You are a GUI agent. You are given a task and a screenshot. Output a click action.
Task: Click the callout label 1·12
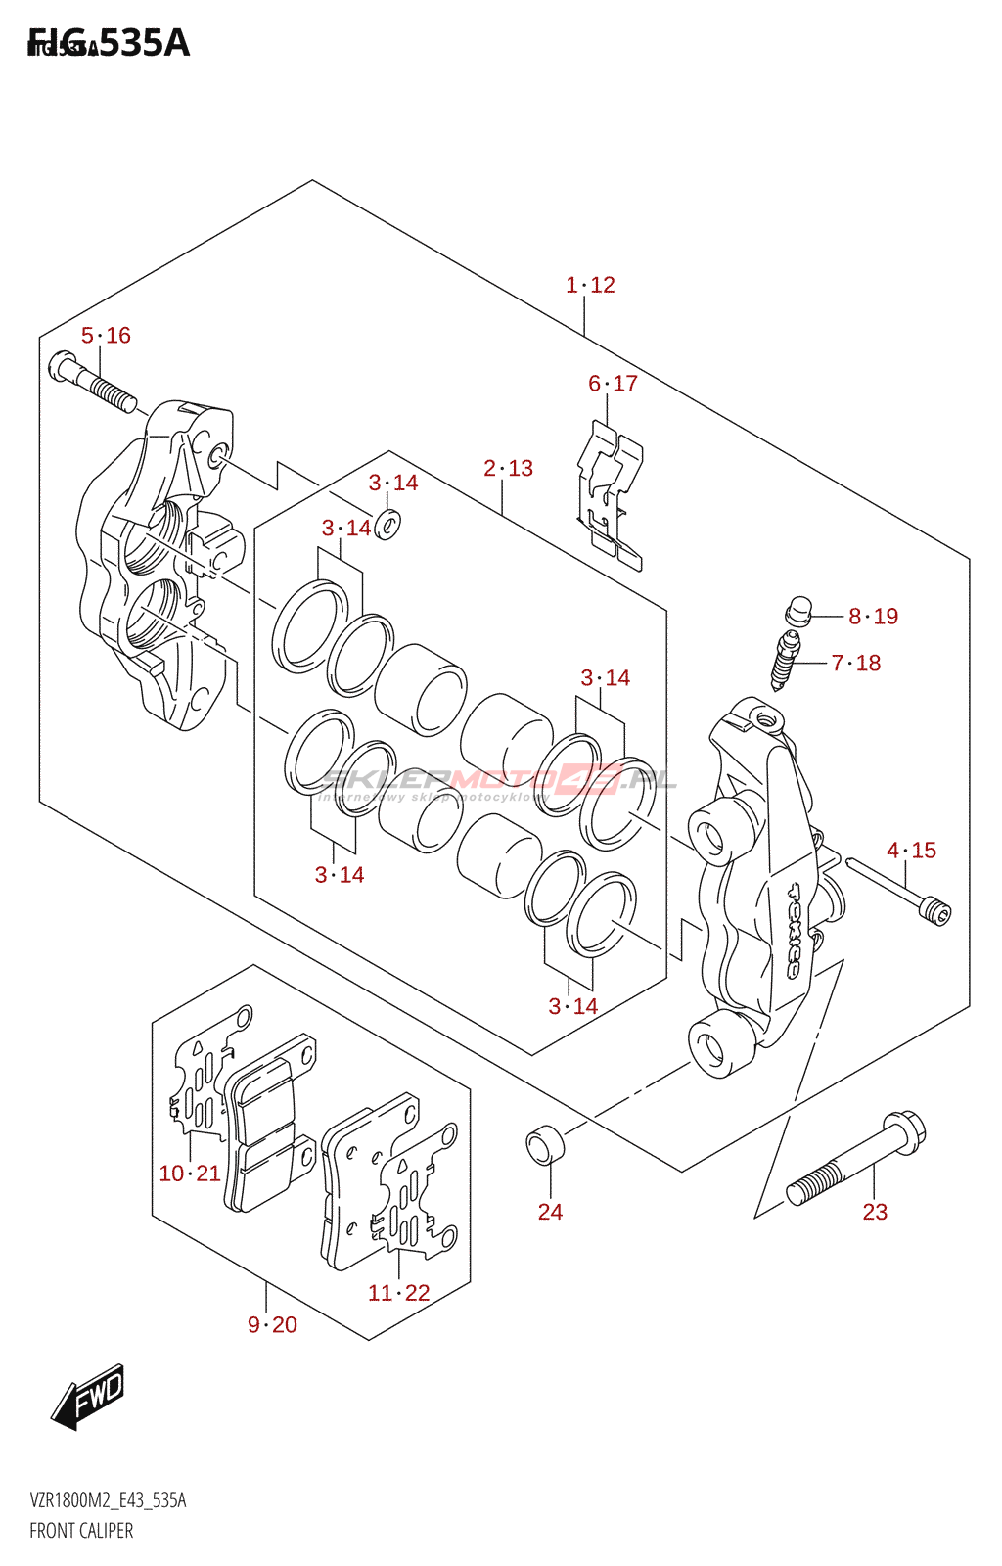point(590,285)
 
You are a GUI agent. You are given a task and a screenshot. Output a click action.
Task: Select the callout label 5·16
point(106,336)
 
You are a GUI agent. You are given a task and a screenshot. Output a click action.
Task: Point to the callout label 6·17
point(613,384)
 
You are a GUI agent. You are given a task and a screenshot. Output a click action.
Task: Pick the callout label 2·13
point(508,469)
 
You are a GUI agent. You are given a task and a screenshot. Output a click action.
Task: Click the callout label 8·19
point(873,617)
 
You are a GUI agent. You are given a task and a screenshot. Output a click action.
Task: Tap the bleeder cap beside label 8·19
point(797,611)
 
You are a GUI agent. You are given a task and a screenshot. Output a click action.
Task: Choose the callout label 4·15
point(911,851)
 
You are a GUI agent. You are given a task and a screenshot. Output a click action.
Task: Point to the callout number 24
point(550,1212)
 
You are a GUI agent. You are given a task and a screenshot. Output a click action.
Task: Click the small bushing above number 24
point(545,1145)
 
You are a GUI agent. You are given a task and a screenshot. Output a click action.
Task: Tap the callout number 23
point(875,1212)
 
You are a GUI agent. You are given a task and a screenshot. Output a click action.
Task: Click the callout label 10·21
point(190,1174)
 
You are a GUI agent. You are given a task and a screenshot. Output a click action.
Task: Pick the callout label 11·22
point(398,1293)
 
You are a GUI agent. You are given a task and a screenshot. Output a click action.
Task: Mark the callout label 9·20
point(272,1325)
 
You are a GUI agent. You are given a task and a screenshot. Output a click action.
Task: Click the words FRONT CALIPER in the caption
point(81,1531)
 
